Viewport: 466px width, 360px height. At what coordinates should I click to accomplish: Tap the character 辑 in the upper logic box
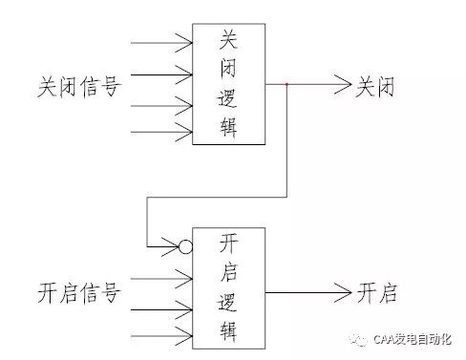(x=230, y=129)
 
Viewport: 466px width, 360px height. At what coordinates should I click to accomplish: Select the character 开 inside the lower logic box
(x=230, y=243)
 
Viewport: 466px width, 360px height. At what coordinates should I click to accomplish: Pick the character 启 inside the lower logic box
(x=230, y=272)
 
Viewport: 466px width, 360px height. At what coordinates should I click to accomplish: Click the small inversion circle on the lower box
(x=186, y=247)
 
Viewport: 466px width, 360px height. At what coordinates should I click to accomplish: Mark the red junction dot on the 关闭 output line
(x=287, y=85)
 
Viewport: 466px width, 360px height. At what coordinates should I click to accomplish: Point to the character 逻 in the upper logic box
(x=230, y=98)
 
